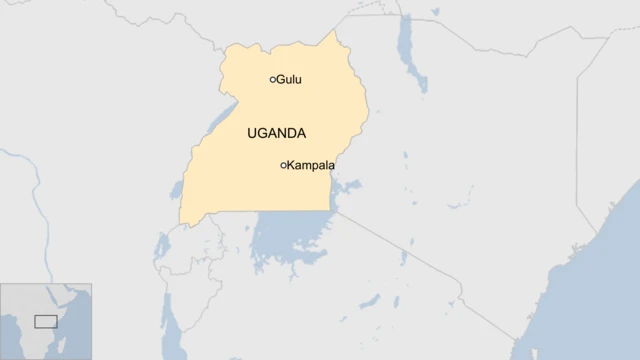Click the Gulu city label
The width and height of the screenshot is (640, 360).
point(289,80)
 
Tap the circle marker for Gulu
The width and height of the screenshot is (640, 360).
point(273,80)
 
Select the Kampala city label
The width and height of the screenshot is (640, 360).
point(311,165)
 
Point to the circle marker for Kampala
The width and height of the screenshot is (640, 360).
point(284,165)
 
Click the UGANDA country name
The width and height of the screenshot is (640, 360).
point(276,133)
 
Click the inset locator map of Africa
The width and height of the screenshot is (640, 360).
point(46,321)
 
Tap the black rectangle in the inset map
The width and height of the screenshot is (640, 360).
point(46,321)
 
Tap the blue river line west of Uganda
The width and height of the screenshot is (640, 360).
point(35,200)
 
